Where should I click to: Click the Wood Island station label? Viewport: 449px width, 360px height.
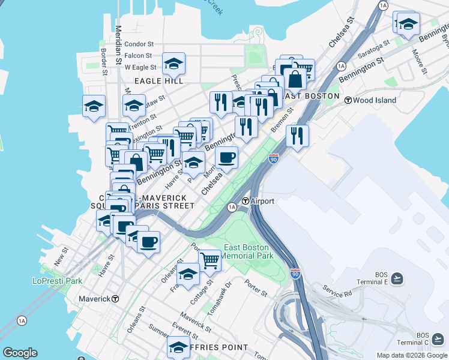click(375, 100)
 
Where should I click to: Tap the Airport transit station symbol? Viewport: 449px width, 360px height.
click(245, 201)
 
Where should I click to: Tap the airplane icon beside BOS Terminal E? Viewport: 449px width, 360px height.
click(397, 278)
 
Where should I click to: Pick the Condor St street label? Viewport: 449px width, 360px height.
click(139, 44)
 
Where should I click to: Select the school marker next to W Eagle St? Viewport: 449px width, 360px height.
click(173, 64)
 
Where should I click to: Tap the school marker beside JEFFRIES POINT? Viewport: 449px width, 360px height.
click(178, 347)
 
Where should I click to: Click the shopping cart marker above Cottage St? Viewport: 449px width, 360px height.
click(209, 260)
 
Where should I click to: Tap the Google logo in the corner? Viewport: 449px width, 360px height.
click(20, 353)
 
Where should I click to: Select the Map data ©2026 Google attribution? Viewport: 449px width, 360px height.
click(411, 355)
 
